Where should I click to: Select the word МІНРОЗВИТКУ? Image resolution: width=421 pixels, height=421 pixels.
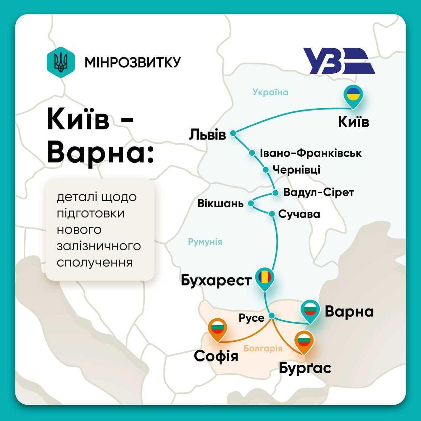(x=133, y=62)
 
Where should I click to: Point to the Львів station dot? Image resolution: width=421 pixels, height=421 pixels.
(x=233, y=133)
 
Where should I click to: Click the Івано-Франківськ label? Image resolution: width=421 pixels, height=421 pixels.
(x=310, y=153)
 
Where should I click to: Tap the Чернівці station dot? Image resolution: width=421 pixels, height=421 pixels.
(x=265, y=170)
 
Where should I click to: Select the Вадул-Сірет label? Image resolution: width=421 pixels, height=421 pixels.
(x=318, y=192)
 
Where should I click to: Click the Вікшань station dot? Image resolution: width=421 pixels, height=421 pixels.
(x=251, y=204)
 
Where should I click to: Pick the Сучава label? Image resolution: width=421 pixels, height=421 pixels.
(x=299, y=214)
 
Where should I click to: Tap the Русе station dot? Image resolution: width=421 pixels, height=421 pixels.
(x=272, y=316)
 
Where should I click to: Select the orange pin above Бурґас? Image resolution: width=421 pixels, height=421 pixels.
(x=304, y=342)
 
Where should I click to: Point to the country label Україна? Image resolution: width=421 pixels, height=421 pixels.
(x=270, y=92)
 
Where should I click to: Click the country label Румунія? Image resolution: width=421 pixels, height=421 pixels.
(x=205, y=242)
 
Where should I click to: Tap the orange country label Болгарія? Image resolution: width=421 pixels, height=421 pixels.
(x=263, y=348)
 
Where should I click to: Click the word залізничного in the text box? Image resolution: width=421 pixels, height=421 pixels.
(x=99, y=246)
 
